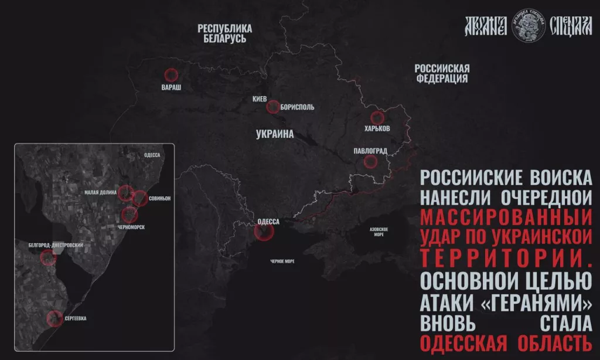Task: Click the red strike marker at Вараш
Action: click(171, 74)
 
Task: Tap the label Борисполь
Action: click(298, 107)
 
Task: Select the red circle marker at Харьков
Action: click(377, 117)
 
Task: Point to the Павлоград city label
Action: click(370, 151)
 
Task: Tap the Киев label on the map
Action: click(260, 99)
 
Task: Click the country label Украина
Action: click(275, 134)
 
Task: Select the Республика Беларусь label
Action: click(224, 33)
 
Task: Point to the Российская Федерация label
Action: click(442, 73)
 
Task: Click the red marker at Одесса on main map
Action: click(264, 232)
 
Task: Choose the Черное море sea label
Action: click(282, 261)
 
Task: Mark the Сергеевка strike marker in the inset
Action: click(54, 318)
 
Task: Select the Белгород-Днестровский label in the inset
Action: click(55, 244)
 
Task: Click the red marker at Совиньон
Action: click(139, 198)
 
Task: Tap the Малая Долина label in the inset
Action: click(100, 191)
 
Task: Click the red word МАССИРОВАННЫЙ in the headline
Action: click(506, 218)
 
